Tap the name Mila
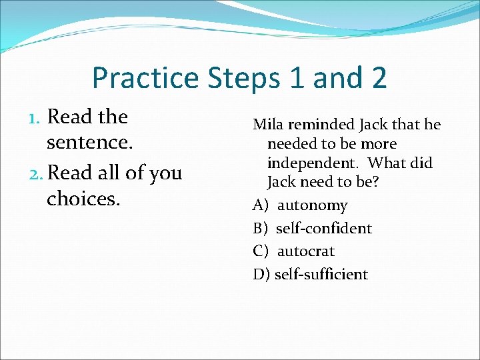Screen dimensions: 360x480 click(x=268, y=125)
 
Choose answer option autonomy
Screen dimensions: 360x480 click(x=312, y=206)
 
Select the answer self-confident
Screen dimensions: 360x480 click(x=323, y=229)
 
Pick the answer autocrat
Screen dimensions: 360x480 click(x=305, y=251)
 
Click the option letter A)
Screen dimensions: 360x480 click(x=261, y=206)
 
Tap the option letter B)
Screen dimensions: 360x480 click(x=261, y=229)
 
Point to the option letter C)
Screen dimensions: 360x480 click(x=261, y=251)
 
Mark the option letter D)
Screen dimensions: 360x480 click(x=261, y=274)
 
